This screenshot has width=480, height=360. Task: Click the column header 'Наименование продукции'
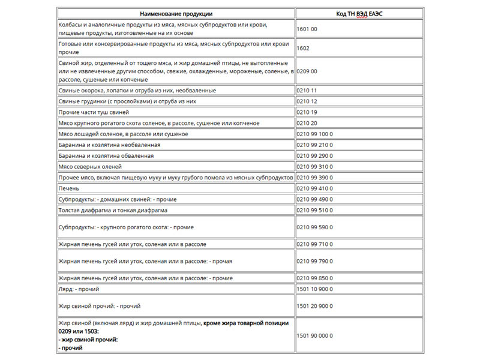[x=176, y=13]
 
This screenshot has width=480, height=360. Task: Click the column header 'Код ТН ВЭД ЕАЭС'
[x=359, y=13]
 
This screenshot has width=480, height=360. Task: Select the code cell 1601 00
[x=307, y=29]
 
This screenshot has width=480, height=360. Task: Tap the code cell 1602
[x=303, y=48]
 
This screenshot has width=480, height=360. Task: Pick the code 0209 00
[x=307, y=71]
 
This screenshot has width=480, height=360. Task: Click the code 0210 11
[x=307, y=91]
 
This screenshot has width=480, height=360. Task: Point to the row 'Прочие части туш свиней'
[x=93, y=112]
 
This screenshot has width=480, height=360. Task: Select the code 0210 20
[x=307, y=123]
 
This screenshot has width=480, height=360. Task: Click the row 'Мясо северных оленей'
[x=90, y=166]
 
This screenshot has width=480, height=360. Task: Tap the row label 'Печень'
[x=68, y=188]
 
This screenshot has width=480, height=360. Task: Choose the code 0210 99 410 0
[x=314, y=188]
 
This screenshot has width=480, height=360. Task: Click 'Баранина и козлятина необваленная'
[x=109, y=145]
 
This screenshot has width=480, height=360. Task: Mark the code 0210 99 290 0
[x=314, y=156]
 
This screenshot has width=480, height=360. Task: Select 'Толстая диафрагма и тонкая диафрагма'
[x=113, y=211]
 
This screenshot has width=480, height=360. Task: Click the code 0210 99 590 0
[x=314, y=227]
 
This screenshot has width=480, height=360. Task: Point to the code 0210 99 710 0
[x=314, y=245]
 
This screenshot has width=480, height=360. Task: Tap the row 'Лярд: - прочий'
[x=79, y=289]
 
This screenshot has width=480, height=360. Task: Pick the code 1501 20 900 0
[x=314, y=306]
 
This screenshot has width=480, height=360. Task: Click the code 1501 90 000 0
[x=314, y=335]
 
